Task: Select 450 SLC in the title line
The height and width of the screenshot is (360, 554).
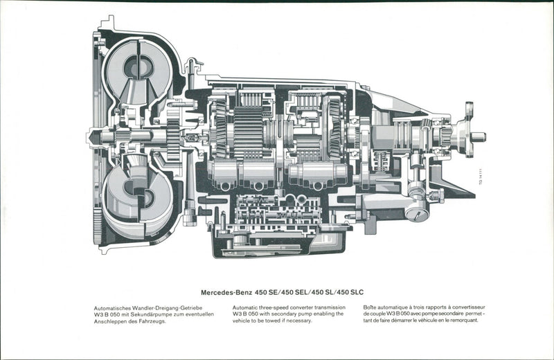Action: click(x=348, y=292)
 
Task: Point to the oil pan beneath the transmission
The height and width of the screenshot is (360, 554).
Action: click(x=277, y=246)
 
